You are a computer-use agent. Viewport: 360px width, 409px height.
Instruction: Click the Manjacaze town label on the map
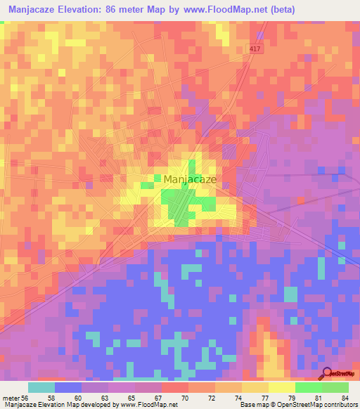pos(190,179)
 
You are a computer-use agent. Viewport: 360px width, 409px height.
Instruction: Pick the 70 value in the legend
pos(184,397)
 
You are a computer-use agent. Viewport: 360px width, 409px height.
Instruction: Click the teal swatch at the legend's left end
pos(41,387)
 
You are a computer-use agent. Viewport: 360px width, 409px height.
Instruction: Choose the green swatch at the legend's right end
pos(335,387)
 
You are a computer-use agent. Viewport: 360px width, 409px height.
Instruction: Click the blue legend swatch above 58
pos(68,387)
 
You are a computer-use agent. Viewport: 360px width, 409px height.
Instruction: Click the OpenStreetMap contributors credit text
pos(316,405)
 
